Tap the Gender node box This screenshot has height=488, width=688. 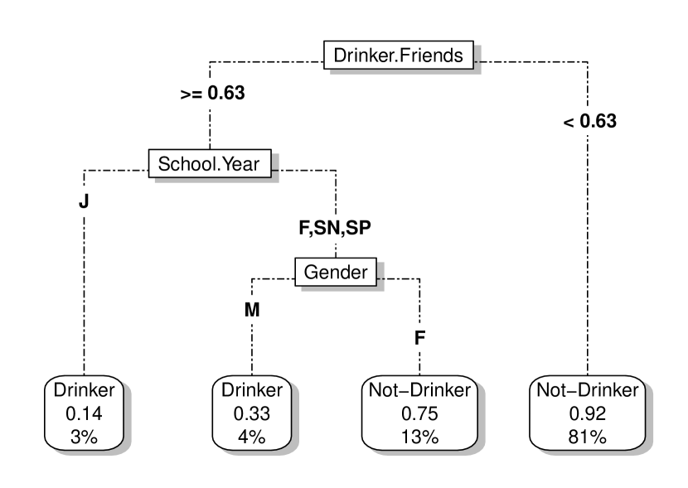(336, 271)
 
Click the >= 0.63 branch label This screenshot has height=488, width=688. (212, 93)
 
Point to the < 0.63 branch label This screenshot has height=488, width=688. (589, 121)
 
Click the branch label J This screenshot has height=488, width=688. (83, 201)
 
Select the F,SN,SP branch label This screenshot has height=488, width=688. (336, 228)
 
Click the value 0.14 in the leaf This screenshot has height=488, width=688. (84, 411)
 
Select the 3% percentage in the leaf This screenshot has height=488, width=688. (84, 432)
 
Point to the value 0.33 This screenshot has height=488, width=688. (251, 411)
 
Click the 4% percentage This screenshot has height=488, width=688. (251, 432)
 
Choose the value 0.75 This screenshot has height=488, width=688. (419, 411)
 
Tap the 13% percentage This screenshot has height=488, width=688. (419, 432)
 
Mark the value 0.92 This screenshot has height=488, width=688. (588, 411)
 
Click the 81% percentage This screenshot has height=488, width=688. (588, 432)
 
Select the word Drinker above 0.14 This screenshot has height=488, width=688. (84, 389)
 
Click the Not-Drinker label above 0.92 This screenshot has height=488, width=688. (588, 389)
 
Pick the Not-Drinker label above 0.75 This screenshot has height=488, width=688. (419, 389)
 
